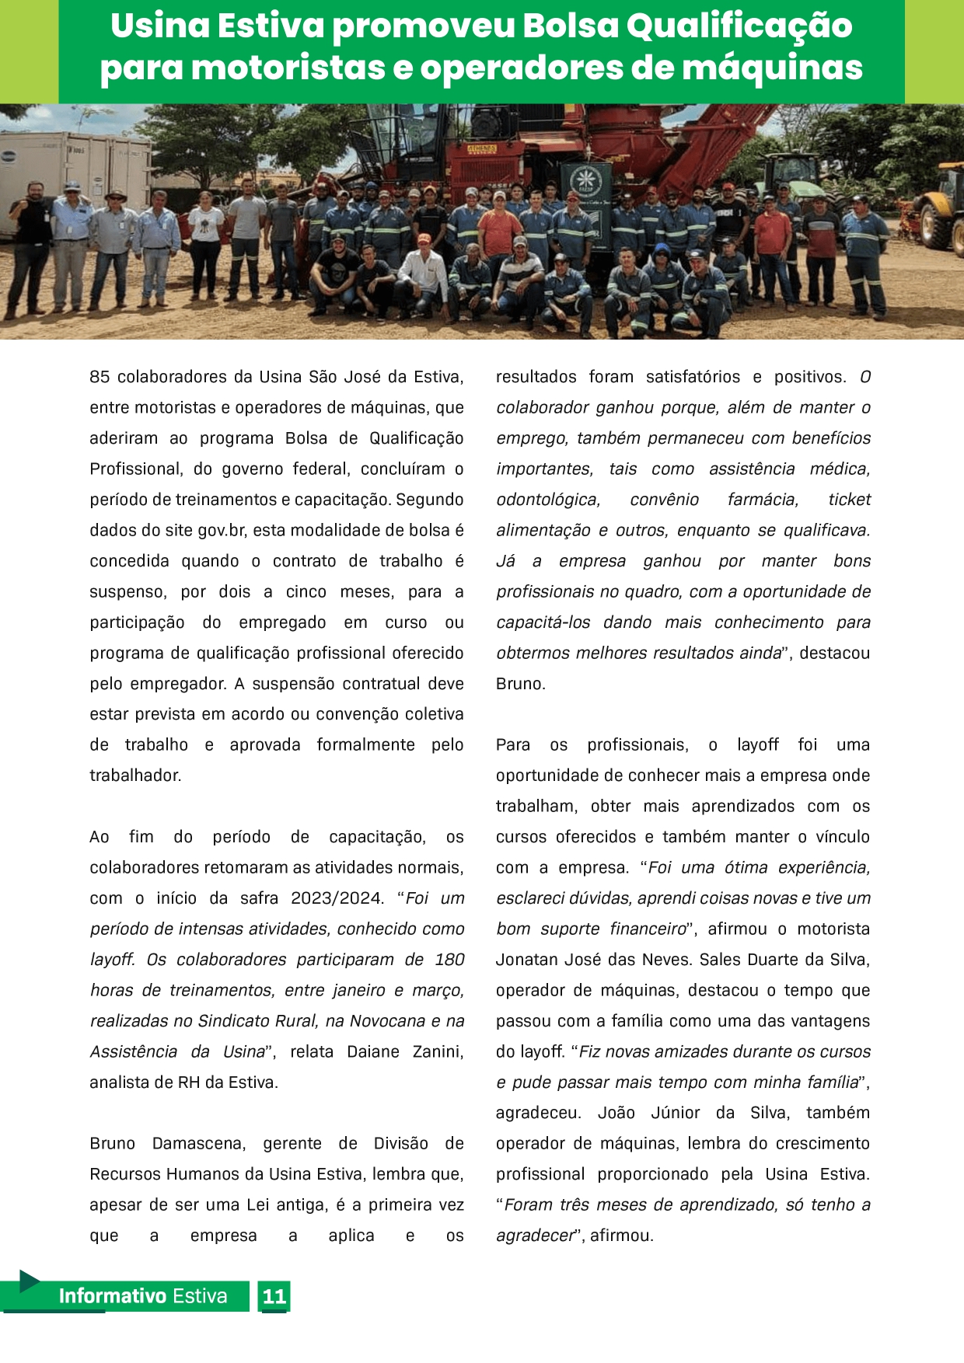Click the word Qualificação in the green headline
[x=739, y=26]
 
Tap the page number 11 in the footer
[x=274, y=1296]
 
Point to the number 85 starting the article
[x=100, y=377]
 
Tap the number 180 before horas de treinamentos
[x=449, y=960]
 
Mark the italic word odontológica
[x=548, y=500]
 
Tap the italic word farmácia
[x=763, y=500]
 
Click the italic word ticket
[x=849, y=500]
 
